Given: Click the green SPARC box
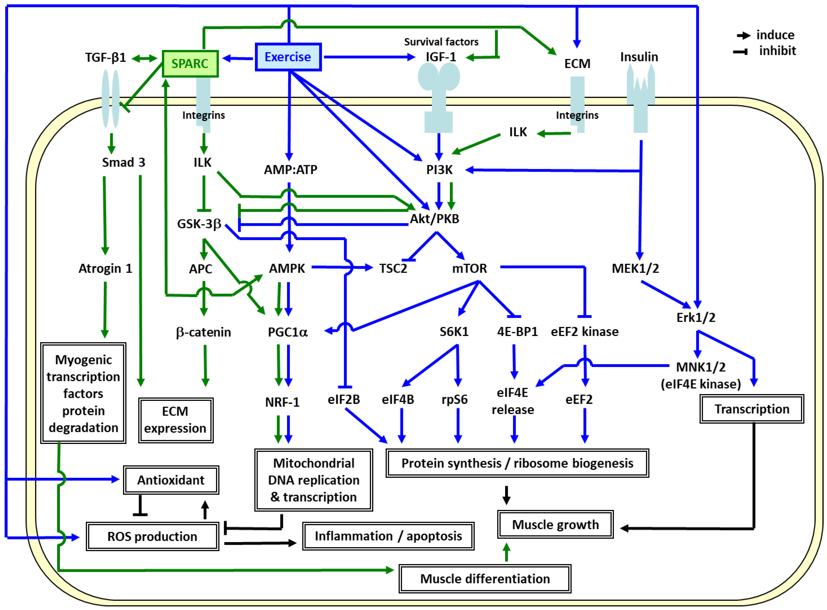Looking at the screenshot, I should (190, 64).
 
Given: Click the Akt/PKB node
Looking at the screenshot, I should (435, 219).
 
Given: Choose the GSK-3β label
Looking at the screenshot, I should (199, 224).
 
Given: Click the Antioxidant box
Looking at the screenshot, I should (171, 480).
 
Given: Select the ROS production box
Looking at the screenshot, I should (152, 536).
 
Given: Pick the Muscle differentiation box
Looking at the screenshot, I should (485, 579).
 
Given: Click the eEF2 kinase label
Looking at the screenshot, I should (584, 332).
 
